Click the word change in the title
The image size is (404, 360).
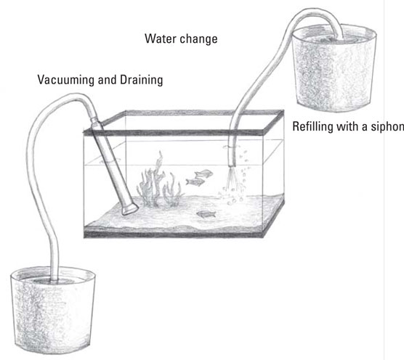198,39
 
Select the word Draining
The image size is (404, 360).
142,80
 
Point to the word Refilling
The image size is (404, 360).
312,126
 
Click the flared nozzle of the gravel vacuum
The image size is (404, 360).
130,208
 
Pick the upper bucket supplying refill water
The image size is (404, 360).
334,68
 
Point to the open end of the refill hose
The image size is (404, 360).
232,165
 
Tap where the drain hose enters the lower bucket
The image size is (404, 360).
54,280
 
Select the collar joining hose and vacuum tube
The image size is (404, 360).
94,122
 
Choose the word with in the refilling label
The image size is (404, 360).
346,126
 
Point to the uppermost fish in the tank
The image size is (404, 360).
204,173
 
